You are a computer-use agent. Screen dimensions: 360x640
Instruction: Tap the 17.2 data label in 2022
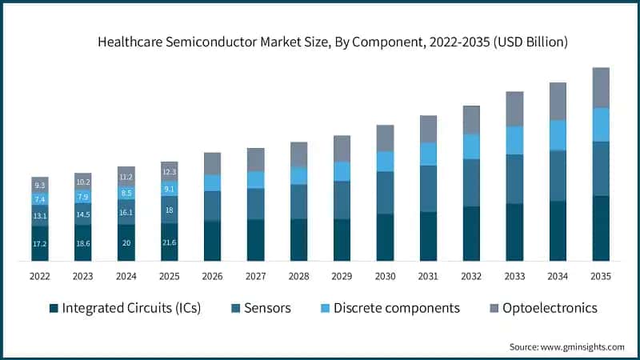point(40,242)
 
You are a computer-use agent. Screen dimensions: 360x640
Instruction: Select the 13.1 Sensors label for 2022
point(40,216)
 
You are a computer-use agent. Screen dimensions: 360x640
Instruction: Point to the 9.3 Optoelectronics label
point(40,185)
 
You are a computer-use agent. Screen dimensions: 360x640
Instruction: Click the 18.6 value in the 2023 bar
point(82,241)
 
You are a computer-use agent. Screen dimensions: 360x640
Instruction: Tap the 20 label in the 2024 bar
point(126,242)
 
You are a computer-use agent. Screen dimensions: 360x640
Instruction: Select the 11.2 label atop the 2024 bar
point(126,177)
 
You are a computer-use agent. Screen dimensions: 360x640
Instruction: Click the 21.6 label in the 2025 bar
point(169,241)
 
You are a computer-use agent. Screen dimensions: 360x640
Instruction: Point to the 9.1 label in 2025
point(169,190)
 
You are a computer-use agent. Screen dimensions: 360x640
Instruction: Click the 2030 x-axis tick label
point(385,277)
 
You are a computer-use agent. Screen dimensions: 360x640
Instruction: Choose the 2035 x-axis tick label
point(601,277)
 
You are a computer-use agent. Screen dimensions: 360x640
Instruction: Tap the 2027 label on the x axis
point(255,277)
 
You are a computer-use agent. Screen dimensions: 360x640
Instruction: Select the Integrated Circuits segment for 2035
point(601,228)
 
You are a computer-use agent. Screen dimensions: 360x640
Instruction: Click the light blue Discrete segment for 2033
point(514,140)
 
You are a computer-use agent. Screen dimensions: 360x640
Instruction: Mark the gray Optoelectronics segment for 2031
point(428,129)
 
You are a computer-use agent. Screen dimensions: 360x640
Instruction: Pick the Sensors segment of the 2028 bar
point(298,202)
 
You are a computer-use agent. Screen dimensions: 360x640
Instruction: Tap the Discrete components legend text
point(396,308)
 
